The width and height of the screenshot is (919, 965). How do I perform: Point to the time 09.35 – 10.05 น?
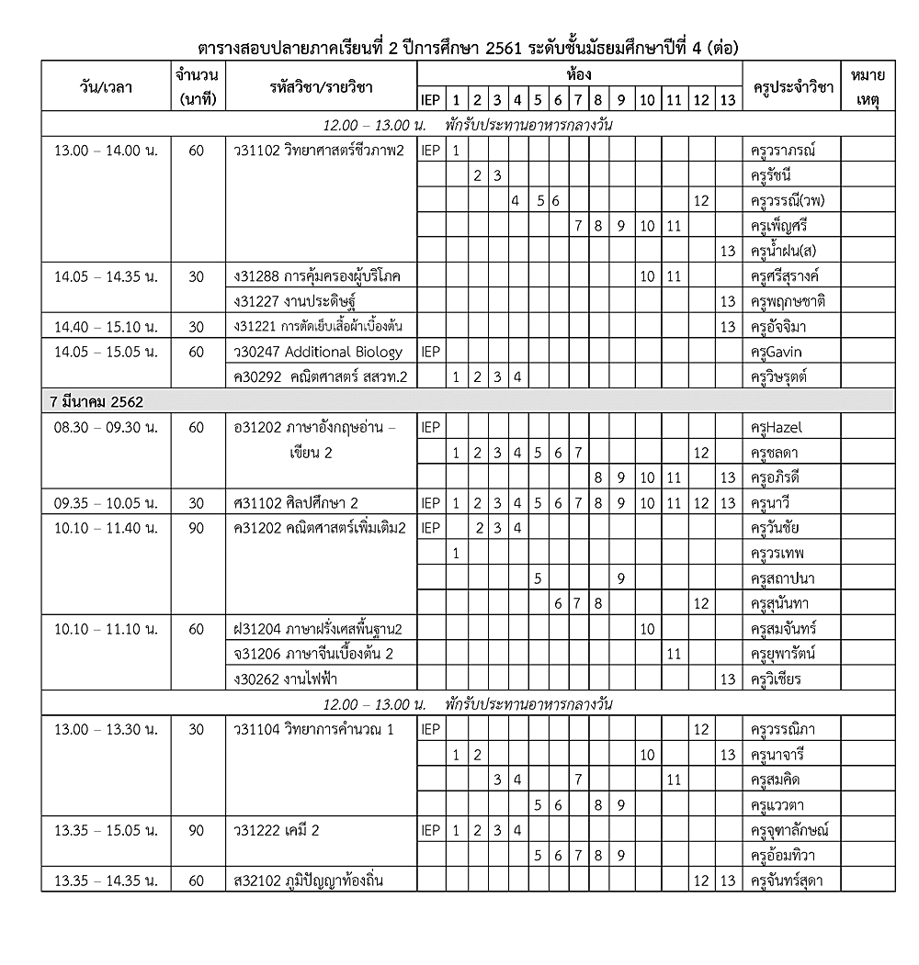pos(106,502)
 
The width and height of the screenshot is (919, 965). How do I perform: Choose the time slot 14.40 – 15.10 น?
pos(106,327)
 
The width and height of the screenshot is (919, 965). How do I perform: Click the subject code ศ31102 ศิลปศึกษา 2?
pos(296,502)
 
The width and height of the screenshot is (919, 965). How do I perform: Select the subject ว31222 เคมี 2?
pos(276,830)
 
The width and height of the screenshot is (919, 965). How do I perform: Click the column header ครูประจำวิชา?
pos(791,88)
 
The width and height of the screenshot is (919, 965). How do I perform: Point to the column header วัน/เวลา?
pos(105,88)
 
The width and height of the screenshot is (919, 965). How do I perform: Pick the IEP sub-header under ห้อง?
pos(429,99)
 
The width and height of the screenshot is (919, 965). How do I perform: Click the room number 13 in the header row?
pos(728,99)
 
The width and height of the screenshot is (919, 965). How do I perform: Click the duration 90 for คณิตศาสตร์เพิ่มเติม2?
pos(196,528)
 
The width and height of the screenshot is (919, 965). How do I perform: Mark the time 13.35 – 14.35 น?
pos(106,881)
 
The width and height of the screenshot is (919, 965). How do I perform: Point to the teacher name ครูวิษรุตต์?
pos(779,376)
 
